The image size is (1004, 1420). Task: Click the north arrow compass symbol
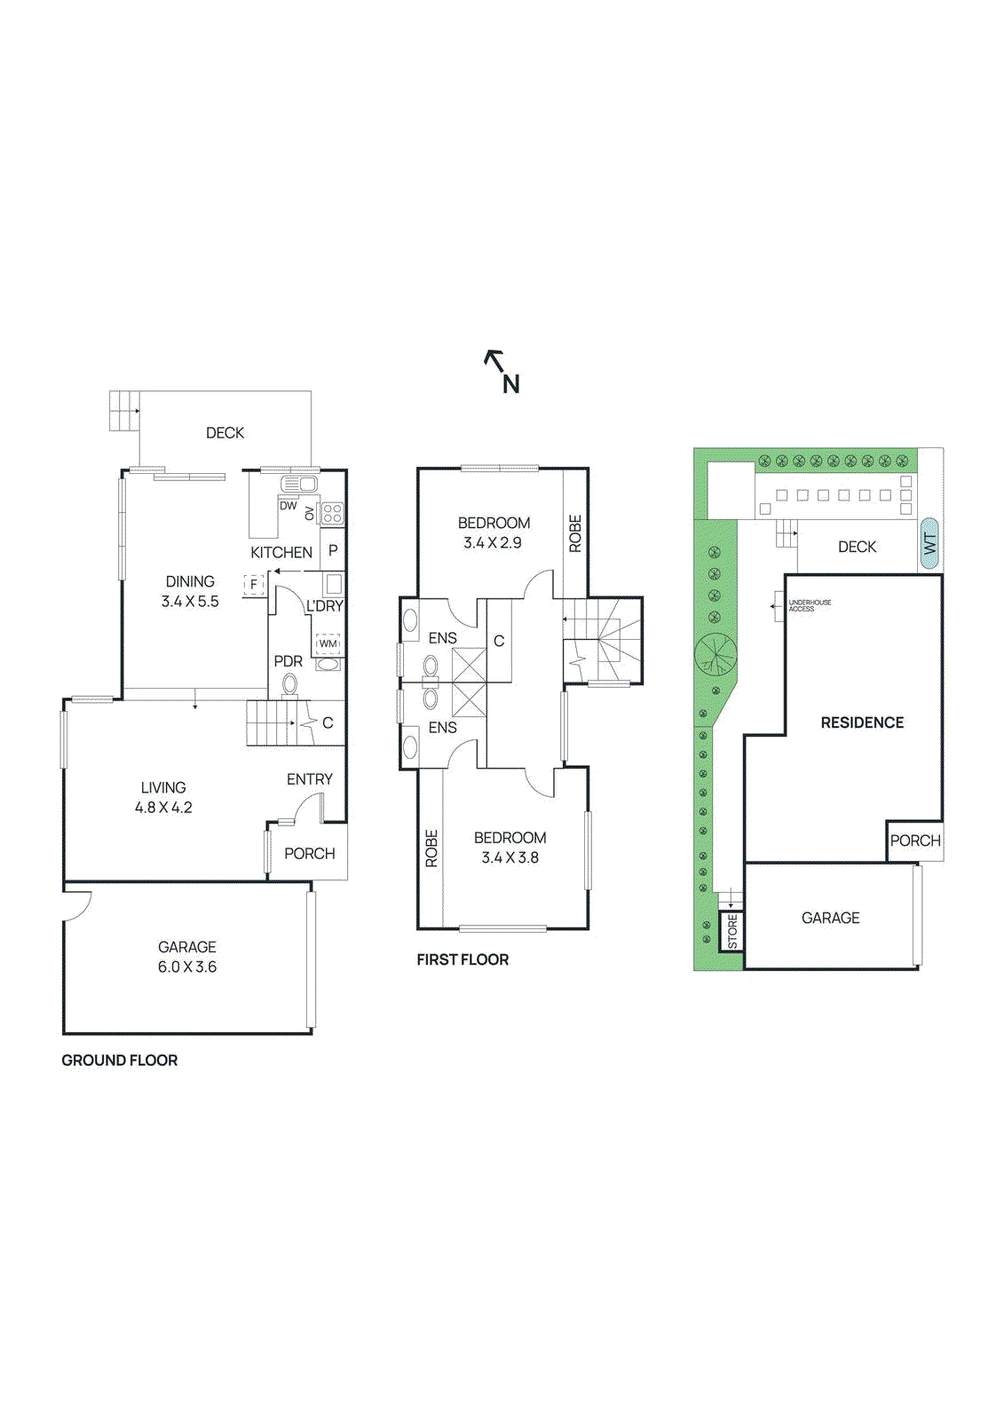pos(502,371)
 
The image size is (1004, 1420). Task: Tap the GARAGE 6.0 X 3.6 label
pos(187,957)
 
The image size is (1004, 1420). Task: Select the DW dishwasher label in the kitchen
pos(289,506)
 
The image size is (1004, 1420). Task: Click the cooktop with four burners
pos(332,512)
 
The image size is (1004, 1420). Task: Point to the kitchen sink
pos(299,485)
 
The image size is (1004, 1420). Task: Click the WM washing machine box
pos(328,643)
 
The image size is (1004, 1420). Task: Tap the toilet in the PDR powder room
pos(289,684)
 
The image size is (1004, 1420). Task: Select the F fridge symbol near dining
pos(254,585)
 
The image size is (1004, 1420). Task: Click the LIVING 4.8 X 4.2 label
pos(163,797)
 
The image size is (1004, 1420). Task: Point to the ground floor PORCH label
pos(309,853)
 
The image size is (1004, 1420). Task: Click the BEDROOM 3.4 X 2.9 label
pos(494,532)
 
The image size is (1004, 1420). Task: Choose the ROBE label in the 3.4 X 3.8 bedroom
pos(431,848)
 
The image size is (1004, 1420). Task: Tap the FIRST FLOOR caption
pos(462,959)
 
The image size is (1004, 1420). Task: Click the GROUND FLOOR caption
pos(119,1060)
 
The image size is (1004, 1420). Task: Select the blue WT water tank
pos(929,543)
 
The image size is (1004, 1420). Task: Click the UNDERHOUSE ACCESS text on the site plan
pos(809,605)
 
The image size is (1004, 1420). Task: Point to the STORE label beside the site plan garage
pos(732,932)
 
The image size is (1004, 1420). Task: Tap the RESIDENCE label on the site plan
pos(861,722)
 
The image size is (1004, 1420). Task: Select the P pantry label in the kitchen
pos(333,550)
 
